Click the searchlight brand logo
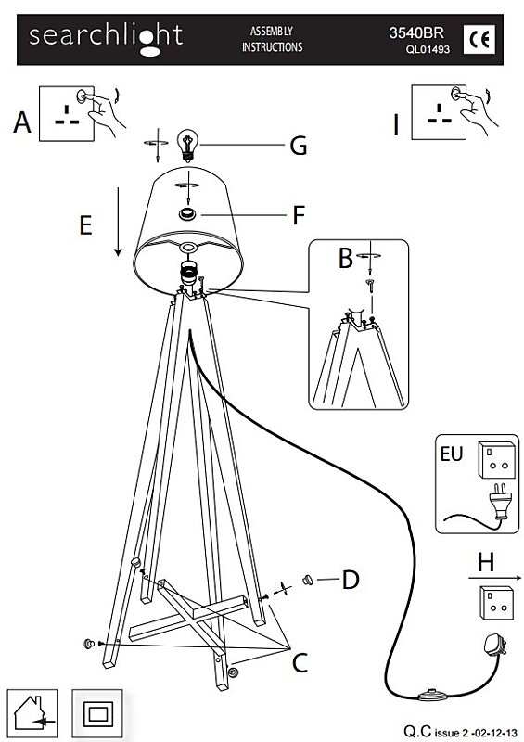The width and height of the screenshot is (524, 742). click(106, 39)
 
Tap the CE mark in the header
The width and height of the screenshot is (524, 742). click(479, 40)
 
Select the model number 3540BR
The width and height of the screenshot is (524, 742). click(416, 32)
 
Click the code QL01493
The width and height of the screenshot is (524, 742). click(428, 49)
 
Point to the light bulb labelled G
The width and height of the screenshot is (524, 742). click(187, 146)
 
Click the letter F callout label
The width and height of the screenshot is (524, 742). click(299, 215)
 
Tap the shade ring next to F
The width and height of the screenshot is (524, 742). click(187, 214)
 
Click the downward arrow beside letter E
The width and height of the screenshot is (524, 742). click(118, 222)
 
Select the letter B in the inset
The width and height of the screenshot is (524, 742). click(346, 258)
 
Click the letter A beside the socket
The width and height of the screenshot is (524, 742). click(22, 122)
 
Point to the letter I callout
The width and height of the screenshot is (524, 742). click(396, 125)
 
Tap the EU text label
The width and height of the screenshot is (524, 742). click(451, 454)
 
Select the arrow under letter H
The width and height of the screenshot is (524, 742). click(495, 578)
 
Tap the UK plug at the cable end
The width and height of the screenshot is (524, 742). click(494, 645)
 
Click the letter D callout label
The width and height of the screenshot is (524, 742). click(351, 580)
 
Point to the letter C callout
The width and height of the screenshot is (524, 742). click(300, 662)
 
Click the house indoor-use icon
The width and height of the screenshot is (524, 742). click(32, 712)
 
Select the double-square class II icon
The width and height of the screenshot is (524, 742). click(97, 712)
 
